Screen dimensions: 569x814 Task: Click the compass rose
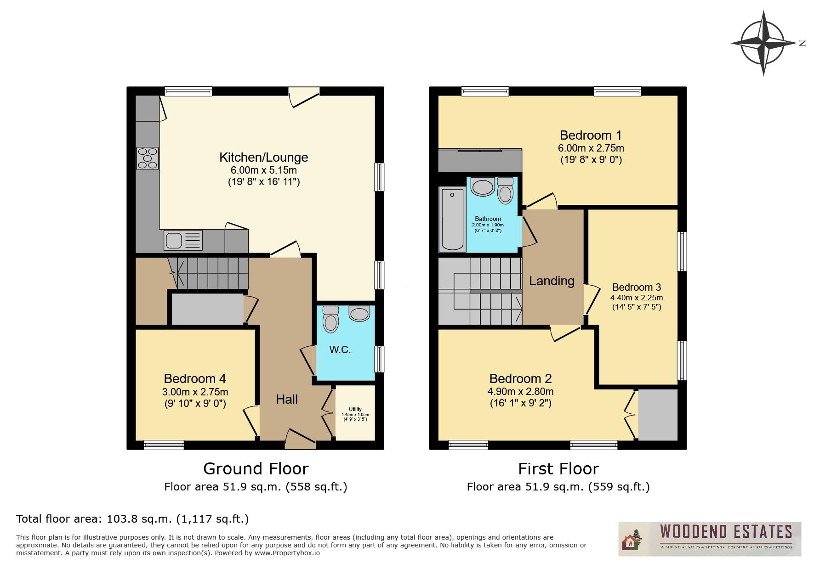(763, 43)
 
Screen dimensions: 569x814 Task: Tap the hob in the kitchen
(148, 158)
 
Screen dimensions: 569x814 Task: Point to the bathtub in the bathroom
(452, 219)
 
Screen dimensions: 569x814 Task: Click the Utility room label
(355, 409)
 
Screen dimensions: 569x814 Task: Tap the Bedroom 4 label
(195, 378)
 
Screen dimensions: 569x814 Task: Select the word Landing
(552, 281)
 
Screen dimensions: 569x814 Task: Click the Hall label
(287, 399)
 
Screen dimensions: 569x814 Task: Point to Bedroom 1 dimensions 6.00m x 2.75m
(591, 148)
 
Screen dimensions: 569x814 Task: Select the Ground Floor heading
(256, 468)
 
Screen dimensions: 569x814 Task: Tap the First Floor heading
(558, 468)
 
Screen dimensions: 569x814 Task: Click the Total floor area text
(132, 519)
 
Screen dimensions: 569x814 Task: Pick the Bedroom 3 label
(637, 287)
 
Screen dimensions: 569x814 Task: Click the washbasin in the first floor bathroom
(482, 187)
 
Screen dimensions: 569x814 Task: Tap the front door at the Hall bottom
(300, 439)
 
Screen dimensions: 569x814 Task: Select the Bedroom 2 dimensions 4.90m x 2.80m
(520, 392)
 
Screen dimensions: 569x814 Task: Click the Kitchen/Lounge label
(263, 157)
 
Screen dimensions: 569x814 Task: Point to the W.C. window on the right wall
(379, 359)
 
